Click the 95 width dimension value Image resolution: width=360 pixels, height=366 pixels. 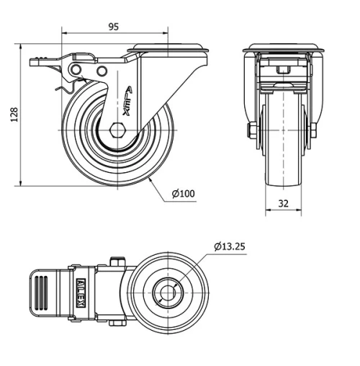113,27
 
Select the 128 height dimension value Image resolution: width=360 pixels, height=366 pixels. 14,116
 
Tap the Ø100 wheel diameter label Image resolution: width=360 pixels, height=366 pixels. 184,194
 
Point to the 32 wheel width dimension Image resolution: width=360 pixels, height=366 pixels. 283,204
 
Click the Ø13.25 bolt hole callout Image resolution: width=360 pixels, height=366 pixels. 230,246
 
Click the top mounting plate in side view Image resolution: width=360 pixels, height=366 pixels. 167,50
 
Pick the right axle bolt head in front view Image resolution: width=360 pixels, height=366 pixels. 314,130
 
